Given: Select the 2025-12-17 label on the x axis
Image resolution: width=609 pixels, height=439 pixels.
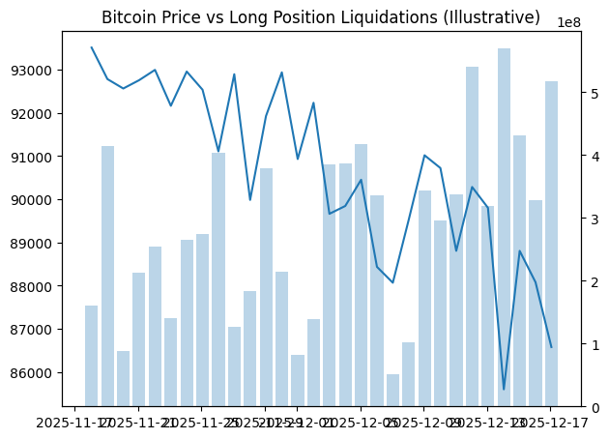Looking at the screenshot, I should pos(551,423).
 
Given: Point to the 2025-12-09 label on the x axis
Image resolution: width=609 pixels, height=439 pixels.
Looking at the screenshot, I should pos(424,423).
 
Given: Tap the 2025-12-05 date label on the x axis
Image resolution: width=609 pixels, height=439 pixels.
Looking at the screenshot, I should pos(361,423).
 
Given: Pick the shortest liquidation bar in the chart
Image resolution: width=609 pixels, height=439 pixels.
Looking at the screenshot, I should pos(392,391).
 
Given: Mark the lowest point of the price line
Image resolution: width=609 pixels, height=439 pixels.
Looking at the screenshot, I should pos(504,389).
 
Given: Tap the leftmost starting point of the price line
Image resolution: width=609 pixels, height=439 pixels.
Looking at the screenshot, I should pos(92,47).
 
